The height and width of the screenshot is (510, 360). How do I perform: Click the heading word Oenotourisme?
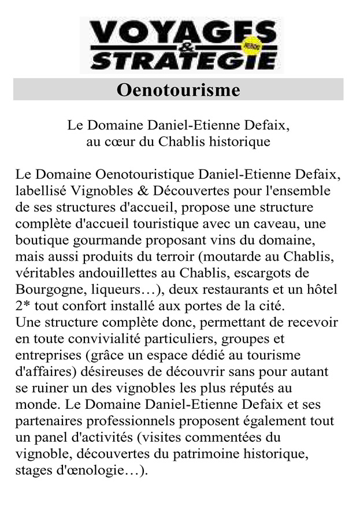[178, 90]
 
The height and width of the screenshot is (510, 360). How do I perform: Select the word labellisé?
[40, 191]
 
